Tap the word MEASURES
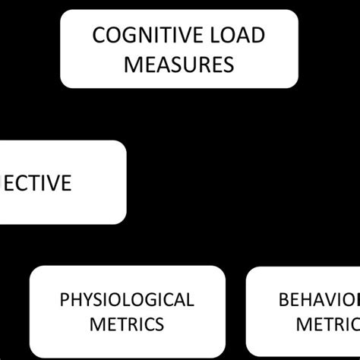pyautogui.click(x=179, y=64)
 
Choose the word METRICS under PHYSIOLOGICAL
pyautogui.click(x=127, y=324)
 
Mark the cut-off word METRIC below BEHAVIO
pyautogui.click(x=327, y=324)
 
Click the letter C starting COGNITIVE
pyautogui.click(x=96, y=36)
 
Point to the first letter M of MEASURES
pyautogui.click(x=132, y=64)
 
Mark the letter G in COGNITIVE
pyautogui.click(x=125, y=36)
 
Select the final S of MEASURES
pyautogui.click(x=228, y=64)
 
